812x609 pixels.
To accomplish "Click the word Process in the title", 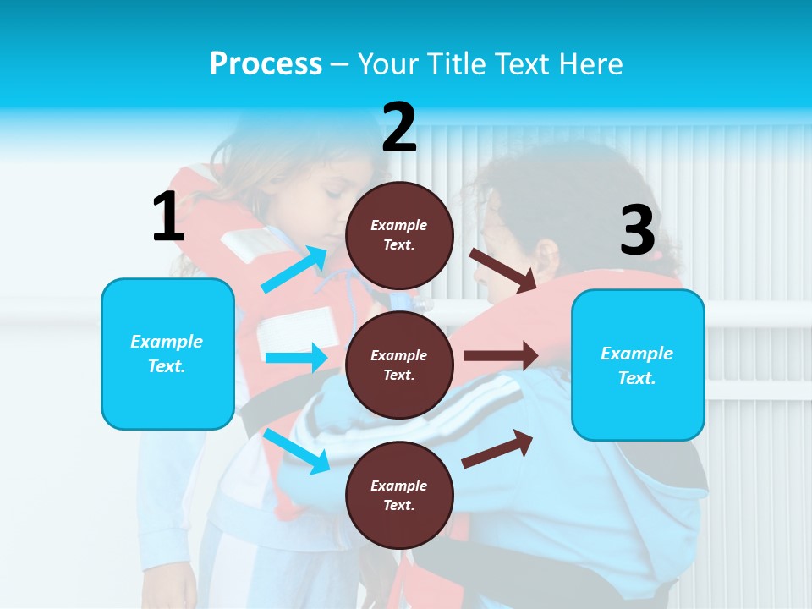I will (x=266, y=64).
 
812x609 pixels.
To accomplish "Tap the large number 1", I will (x=168, y=217).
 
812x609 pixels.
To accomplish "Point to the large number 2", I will (x=399, y=128).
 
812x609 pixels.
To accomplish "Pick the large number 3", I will (x=638, y=231).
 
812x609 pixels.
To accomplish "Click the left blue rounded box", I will (x=167, y=354).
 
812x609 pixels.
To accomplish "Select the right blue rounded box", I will (x=638, y=365).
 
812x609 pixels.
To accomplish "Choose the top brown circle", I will (x=400, y=235).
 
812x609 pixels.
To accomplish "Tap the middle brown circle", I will (x=400, y=365).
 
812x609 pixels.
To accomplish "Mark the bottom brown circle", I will (x=400, y=495).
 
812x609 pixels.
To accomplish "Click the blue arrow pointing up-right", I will (x=294, y=269).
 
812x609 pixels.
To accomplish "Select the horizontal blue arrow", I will (x=295, y=358).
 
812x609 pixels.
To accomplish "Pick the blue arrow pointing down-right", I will (x=297, y=451).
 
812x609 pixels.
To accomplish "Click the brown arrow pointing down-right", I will (x=504, y=269).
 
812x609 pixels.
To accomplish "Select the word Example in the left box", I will (x=167, y=342).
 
